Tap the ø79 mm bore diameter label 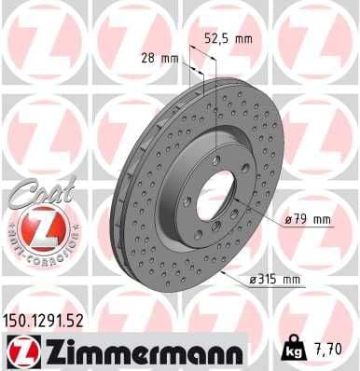(x=309, y=220)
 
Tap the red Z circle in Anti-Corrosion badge (x=32, y=225)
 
